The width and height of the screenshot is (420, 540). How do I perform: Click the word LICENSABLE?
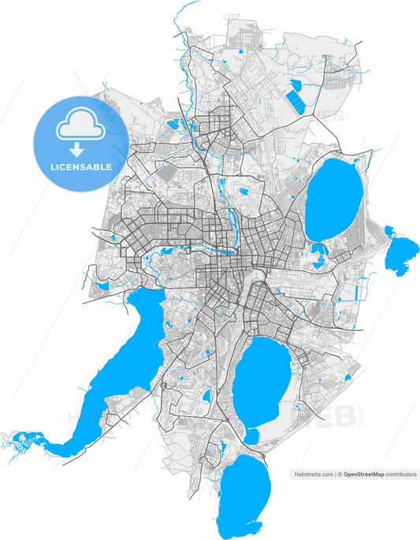click(x=80, y=167)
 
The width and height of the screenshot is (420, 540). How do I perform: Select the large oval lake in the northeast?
click(x=333, y=199)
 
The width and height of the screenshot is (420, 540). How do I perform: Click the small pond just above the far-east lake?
click(x=389, y=231)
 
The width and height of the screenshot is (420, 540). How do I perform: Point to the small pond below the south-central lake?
click(x=251, y=435)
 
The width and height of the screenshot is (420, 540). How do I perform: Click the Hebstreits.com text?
click(x=313, y=475)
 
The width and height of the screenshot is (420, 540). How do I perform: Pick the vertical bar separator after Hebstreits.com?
click(x=335, y=475)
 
